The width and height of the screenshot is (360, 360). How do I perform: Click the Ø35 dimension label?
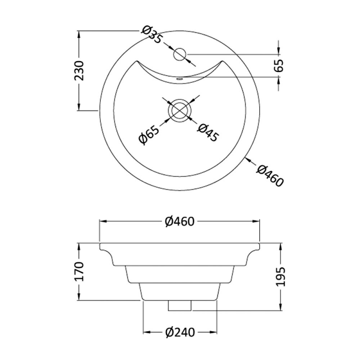(x=151, y=35)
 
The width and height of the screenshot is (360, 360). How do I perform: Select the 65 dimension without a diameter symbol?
(x=279, y=66)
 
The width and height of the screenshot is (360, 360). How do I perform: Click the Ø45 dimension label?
(x=208, y=134)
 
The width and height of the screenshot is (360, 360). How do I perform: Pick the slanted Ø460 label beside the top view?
(x=270, y=176)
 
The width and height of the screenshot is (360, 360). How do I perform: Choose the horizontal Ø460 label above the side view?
(x=179, y=221)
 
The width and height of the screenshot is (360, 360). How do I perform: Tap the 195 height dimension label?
(x=279, y=277)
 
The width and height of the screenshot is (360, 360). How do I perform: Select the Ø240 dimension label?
(x=180, y=333)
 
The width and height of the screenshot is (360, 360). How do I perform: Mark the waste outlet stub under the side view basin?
(x=180, y=306)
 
